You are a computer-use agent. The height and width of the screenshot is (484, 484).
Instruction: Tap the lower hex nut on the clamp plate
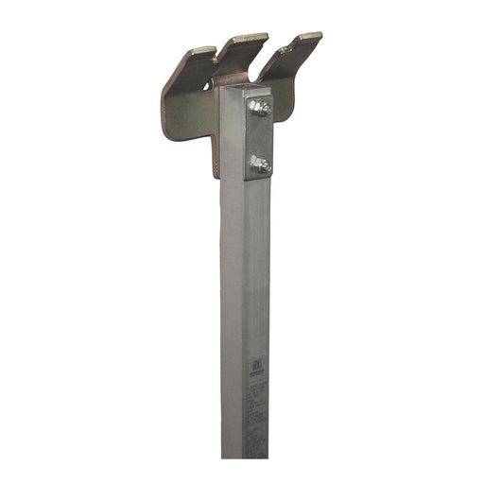pos(258,165)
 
